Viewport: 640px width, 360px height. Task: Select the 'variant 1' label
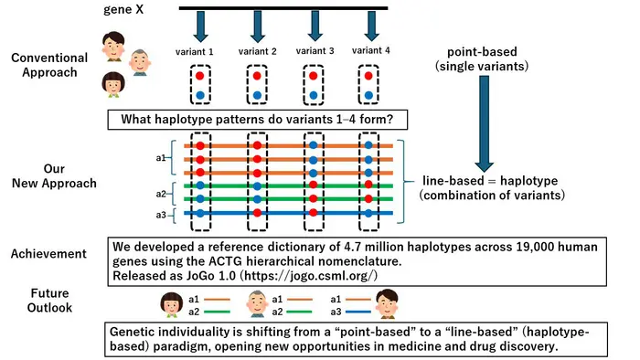[194, 51]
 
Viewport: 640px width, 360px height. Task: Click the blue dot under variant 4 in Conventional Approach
[368, 94]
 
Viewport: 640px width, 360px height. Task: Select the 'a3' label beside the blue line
[161, 214]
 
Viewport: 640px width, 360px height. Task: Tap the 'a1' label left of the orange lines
[161, 158]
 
